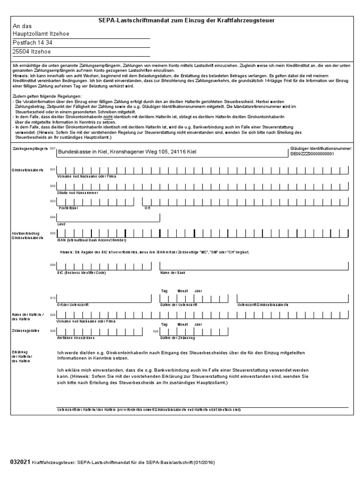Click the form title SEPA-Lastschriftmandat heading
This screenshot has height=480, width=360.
[186, 21]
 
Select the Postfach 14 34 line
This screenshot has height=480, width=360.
[33, 43]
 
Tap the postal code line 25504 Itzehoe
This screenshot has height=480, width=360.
[32, 52]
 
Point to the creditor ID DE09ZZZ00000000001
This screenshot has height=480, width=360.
[312, 154]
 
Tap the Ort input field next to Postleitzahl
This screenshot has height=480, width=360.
[246, 201]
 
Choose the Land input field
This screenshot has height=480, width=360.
[108, 217]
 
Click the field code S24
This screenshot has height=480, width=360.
[52, 315]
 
